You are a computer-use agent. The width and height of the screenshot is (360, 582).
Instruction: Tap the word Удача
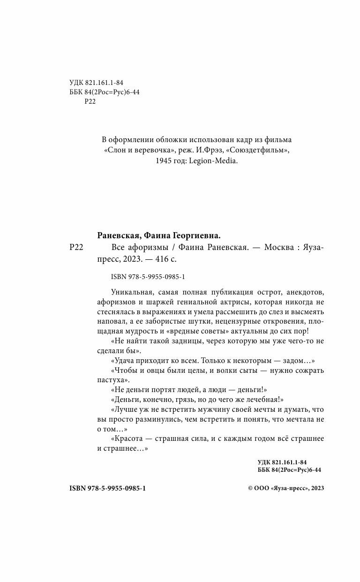126,360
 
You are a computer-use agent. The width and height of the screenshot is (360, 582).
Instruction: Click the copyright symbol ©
250,488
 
